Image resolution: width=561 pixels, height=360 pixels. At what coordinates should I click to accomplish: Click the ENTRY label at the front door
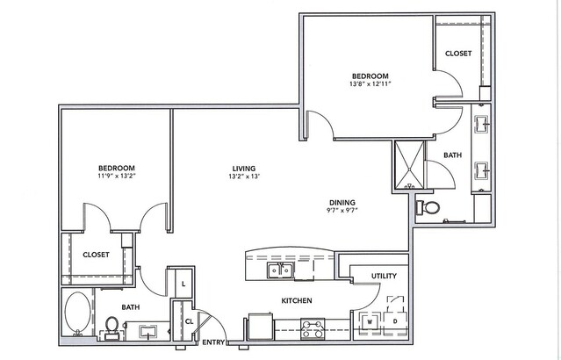(213, 342)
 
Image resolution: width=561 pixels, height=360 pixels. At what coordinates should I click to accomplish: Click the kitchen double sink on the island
(281, 270)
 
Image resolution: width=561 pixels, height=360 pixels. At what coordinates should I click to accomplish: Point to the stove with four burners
(313, 329)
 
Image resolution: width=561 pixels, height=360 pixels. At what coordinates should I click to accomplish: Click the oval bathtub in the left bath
(77, 312)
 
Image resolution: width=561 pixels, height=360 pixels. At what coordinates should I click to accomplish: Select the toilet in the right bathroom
(428, 207)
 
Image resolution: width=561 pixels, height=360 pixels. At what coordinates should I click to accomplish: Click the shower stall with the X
(409, 164)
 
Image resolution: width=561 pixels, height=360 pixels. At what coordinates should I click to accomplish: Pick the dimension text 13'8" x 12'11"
(370, 84)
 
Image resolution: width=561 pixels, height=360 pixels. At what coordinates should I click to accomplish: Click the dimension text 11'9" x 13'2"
(117, 176)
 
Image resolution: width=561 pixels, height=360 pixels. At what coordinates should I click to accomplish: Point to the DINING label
(342, 202)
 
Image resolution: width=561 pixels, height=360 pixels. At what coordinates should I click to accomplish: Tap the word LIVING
(244, 169)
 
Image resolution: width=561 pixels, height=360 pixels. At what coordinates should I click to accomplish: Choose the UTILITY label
(384, 276)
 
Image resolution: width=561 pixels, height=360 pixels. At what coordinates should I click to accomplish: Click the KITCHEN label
(297, 300)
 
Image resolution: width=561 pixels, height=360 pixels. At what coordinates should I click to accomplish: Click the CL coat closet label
(190, 321)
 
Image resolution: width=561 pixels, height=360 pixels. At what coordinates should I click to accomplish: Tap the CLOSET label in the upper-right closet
(458, 54)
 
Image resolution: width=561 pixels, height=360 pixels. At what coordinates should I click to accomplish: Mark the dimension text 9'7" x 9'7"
(342, 211)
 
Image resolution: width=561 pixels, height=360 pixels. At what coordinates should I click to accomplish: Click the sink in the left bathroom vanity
(147, 332)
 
